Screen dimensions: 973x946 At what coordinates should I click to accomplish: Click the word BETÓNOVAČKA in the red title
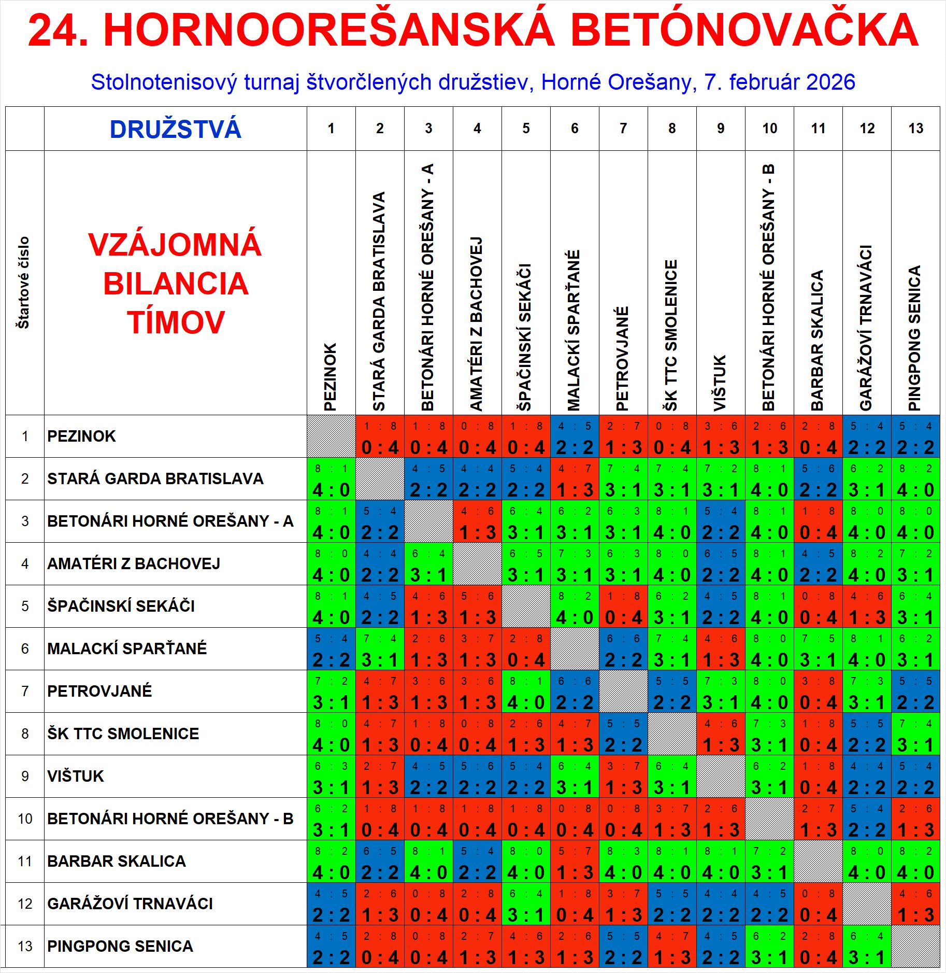pos(744,30)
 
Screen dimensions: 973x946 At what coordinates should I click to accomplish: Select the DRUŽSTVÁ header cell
pos(175,129)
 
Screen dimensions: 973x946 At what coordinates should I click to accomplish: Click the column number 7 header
pos(623,129)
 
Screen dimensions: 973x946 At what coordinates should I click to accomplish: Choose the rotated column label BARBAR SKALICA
pos(818,340)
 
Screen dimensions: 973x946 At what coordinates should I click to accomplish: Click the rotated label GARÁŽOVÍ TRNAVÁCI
pos(867,328)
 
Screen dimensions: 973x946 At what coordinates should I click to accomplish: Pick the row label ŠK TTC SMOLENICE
pos(123,734)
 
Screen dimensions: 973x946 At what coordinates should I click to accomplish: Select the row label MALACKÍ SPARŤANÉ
pos(127,648)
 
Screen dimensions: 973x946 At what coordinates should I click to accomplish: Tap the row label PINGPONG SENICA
pos(120,946)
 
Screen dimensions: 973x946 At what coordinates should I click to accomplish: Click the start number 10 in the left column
pos(25,819)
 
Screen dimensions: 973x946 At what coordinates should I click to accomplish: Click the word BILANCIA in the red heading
pos(176,284)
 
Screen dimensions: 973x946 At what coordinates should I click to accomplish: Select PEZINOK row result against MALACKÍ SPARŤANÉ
pos(575,436)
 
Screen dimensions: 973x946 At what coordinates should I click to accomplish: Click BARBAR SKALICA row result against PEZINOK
pos(331,862)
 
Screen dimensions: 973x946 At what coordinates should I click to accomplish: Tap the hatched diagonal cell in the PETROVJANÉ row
pos(623,692)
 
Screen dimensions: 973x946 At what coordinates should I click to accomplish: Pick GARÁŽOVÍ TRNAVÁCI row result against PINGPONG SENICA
pos(915,904)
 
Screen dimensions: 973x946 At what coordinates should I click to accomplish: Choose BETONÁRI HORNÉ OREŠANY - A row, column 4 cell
pos(477,521)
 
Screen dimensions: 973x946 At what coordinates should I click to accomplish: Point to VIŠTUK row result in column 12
pos(867,777)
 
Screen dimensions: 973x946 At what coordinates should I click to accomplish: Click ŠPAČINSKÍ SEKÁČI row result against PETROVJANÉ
pos(623,607)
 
